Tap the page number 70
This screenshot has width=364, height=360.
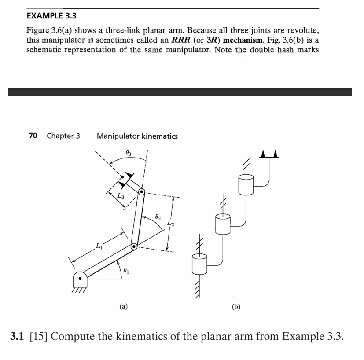tap(33, 136)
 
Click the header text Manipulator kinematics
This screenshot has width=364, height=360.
tap(137, 136)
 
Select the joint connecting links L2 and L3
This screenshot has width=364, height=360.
tap(142, 192)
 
